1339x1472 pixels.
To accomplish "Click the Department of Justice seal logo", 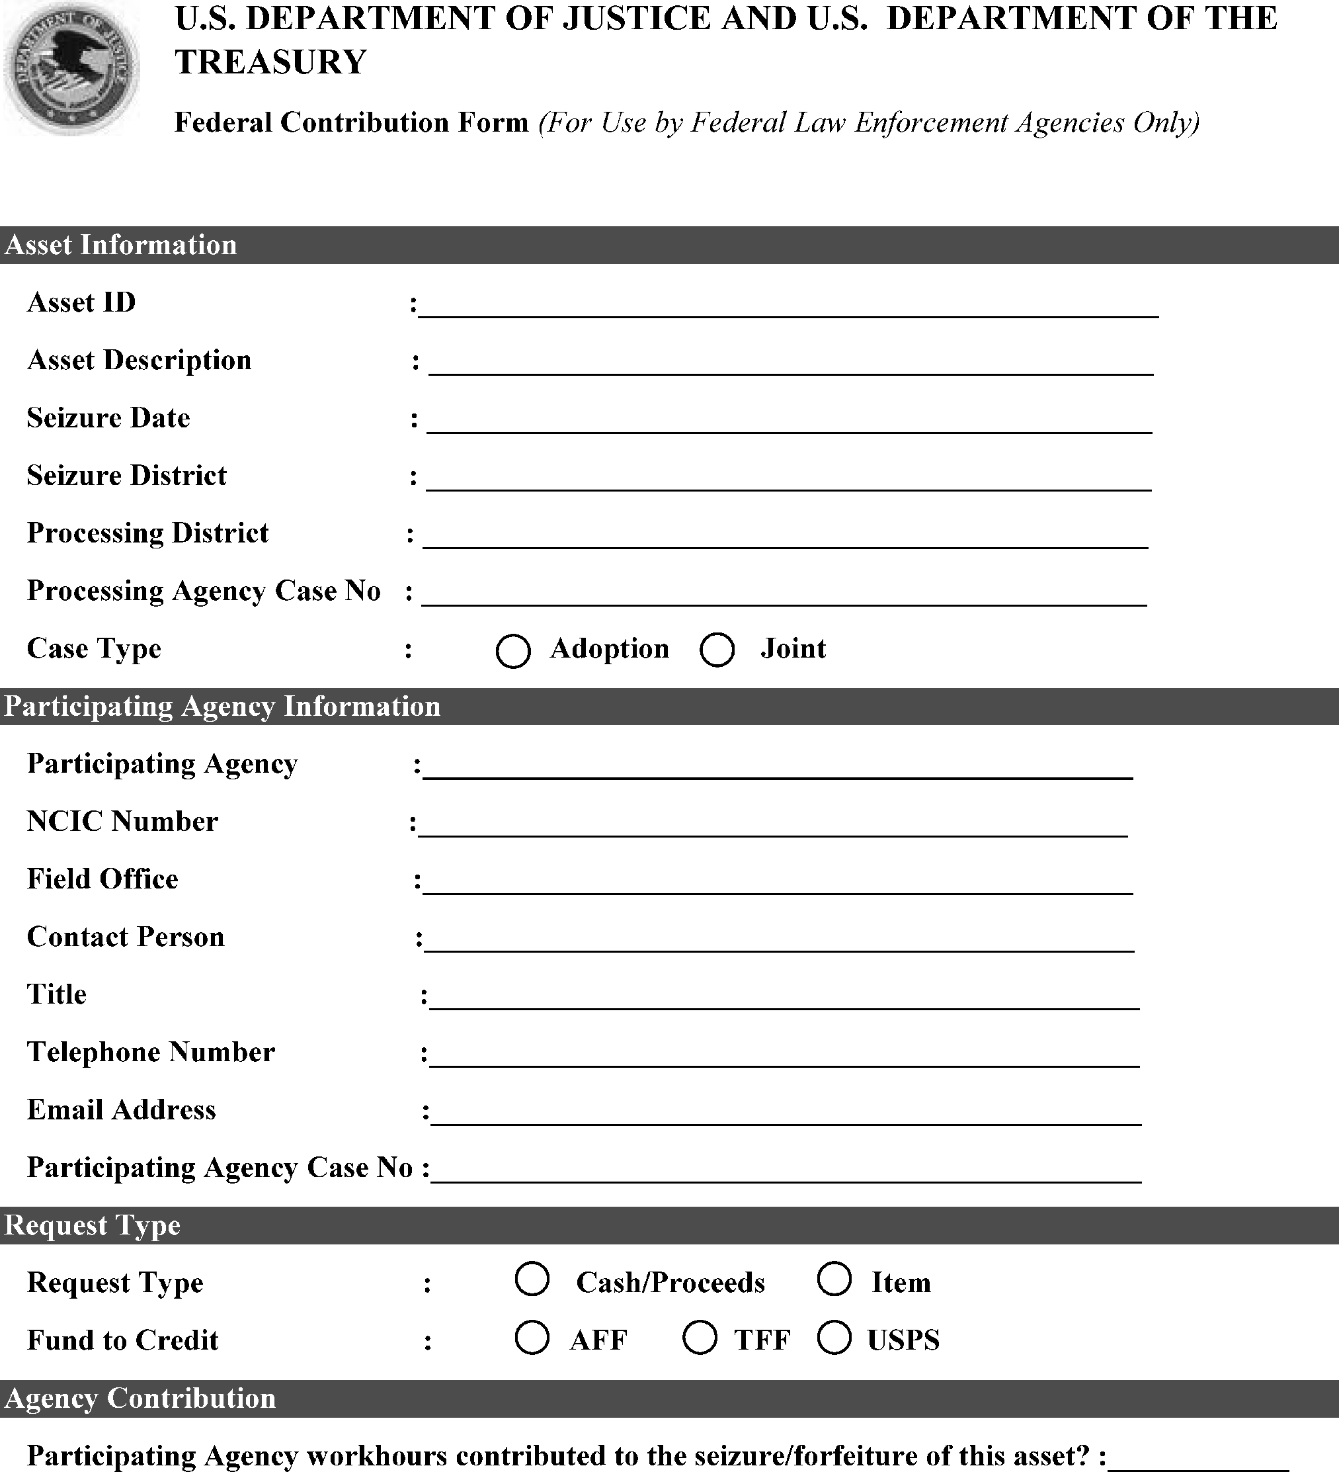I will click(71, 68).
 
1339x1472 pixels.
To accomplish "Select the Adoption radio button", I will click(513, 650).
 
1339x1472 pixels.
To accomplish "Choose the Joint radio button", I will click(717, 650).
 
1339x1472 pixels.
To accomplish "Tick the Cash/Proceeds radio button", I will click(532, 1279).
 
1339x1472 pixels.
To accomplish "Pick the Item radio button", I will click(834, 1279).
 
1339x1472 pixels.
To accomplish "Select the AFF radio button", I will click(532, 1337).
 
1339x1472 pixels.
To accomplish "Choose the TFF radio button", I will click(700, 1337).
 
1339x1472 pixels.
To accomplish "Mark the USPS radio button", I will click(834, 1337).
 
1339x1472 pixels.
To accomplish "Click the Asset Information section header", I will click(121, 245).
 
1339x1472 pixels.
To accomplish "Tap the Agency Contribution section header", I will click(140, 1399).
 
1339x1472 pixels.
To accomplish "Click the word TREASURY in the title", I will click(270, 62).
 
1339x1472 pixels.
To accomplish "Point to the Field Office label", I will click(102, 879).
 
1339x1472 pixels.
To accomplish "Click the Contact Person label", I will click(126, 937).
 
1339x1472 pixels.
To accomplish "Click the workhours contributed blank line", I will click(1197, 1457).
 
